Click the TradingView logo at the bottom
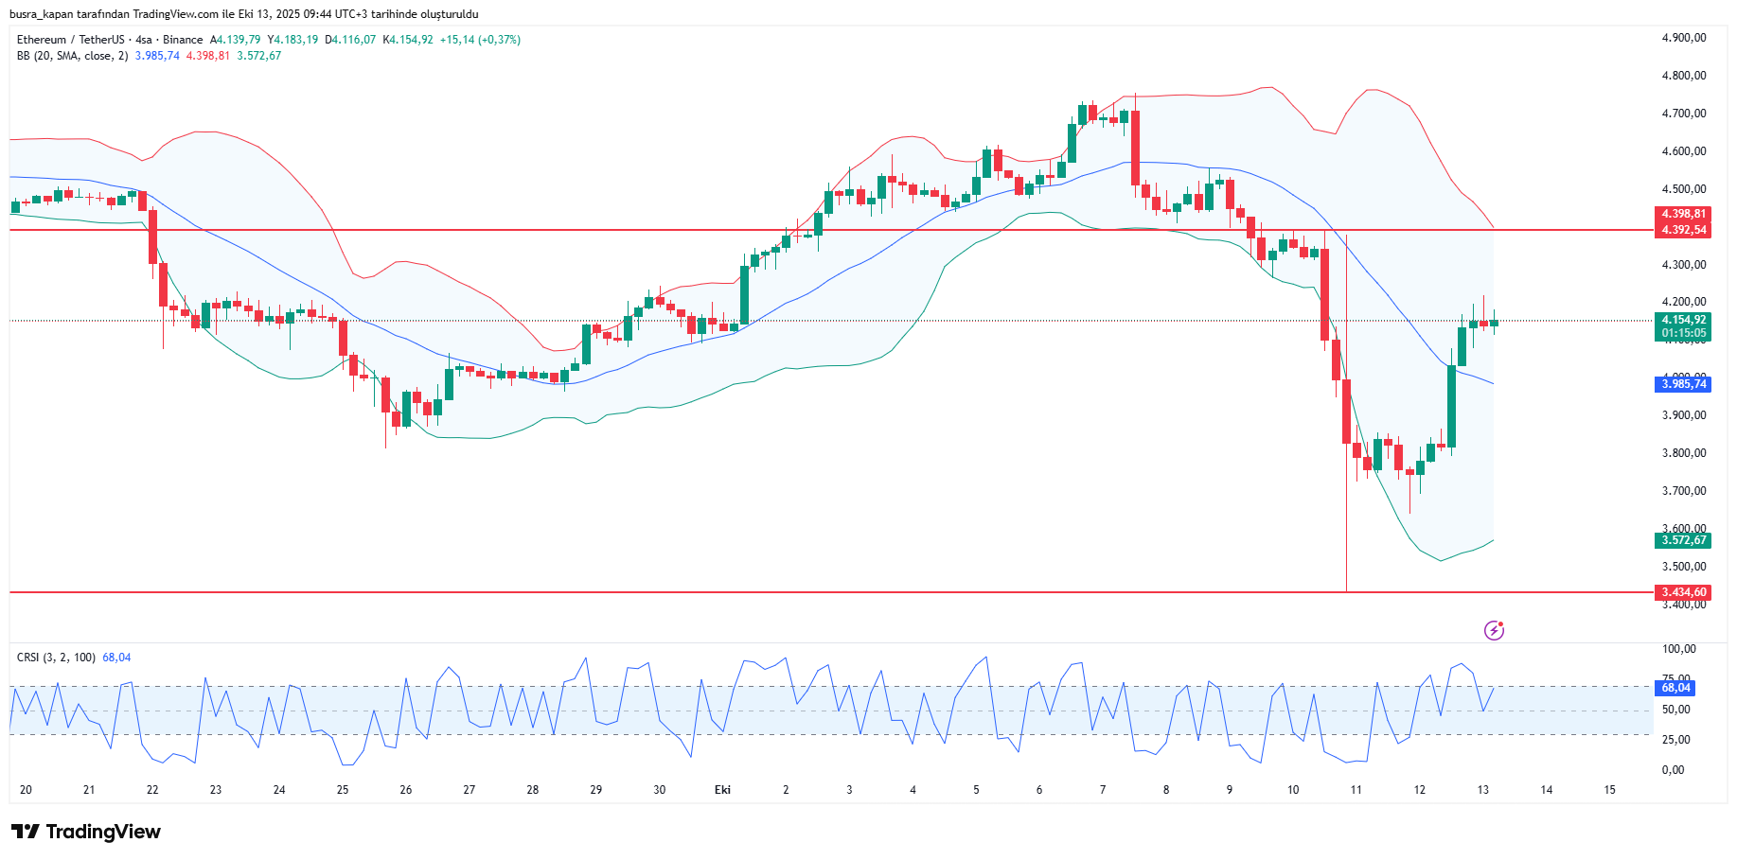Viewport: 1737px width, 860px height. coord(86,832)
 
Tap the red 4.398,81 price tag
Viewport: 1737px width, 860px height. coord(1683,214)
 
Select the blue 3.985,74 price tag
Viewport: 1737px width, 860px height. coord(1683,384)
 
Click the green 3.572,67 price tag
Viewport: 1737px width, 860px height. coord(1683,540)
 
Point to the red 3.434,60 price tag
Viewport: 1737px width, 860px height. coord(1683,592)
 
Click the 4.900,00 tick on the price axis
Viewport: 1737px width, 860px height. coord(1683,38)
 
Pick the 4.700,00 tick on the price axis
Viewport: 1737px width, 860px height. coord(1683,114)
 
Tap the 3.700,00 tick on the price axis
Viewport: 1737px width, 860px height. coord(1683,491)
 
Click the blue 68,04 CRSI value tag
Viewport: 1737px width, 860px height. coord(1675,688)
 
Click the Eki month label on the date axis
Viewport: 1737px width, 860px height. coord(722,790)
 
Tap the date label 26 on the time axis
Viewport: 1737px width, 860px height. coord(406,790)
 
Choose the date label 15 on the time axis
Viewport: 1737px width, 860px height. coord(1609,790)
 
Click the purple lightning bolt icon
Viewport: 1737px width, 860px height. coord(1494,630)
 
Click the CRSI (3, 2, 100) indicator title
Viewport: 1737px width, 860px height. coord(56,658)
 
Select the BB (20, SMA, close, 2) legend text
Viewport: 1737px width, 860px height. coord(72,56)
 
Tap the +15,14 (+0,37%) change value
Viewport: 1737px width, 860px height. coord(480,40)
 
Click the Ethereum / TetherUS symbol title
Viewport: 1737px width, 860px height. coord(70,40)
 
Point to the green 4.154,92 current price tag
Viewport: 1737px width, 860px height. coord(1683,320)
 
